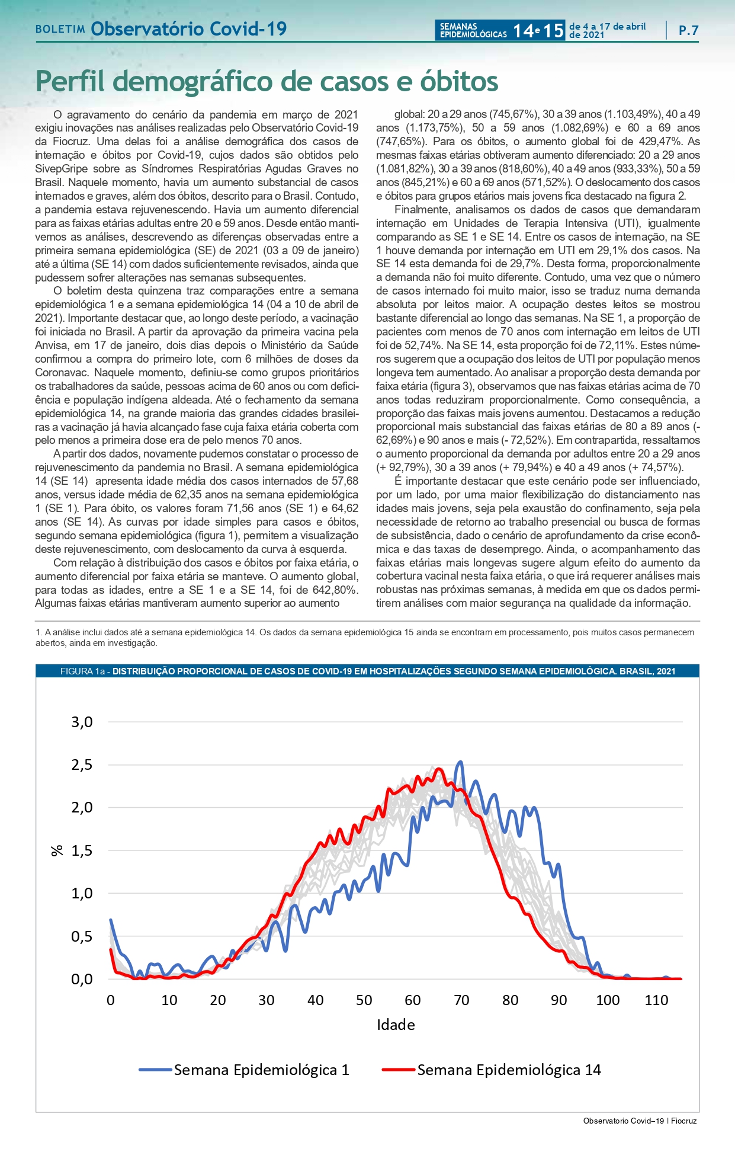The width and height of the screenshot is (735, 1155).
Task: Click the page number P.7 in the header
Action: tap(688, 30)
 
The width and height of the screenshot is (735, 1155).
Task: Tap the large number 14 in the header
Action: tap(523, 31)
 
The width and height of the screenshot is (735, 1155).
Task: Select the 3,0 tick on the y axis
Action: tap(82, 722)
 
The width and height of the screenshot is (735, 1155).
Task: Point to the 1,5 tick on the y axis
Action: tap(82, 850)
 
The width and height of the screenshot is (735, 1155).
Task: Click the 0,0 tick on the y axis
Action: tap(82, 979)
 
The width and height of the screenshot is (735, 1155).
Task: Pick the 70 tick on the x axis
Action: tap(461, 1000)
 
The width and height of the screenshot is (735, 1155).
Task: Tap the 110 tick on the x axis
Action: tap(656, 1000)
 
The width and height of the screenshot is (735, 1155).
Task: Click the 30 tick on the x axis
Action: tap(267, 1000)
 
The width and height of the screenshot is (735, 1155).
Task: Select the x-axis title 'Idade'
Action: tap(396, 1025)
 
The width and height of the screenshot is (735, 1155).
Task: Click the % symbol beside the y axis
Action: tap(57, 851)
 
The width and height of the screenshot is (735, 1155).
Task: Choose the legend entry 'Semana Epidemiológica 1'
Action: tap(261, 1070)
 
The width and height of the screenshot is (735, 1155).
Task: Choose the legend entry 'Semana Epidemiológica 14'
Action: tap(509, 1070)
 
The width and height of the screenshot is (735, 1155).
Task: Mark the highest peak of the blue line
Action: tap(460, 762)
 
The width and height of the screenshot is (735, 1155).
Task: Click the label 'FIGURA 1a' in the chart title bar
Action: tap(82, 671)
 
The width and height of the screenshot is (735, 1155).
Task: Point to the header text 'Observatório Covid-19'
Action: tap(189, 29)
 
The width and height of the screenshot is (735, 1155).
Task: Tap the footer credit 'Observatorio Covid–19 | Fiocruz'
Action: tap(640, 1121)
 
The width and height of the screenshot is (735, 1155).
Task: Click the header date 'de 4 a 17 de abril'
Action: tap(607, 26)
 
